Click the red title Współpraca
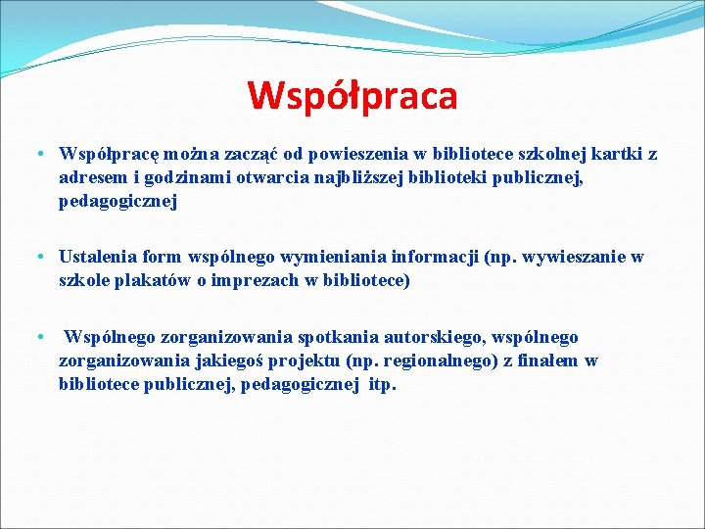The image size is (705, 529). coord(352,96)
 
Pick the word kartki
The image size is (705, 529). coord(609,154)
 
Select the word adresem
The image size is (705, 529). coord(90,178)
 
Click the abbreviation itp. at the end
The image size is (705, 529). coord(381,385)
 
